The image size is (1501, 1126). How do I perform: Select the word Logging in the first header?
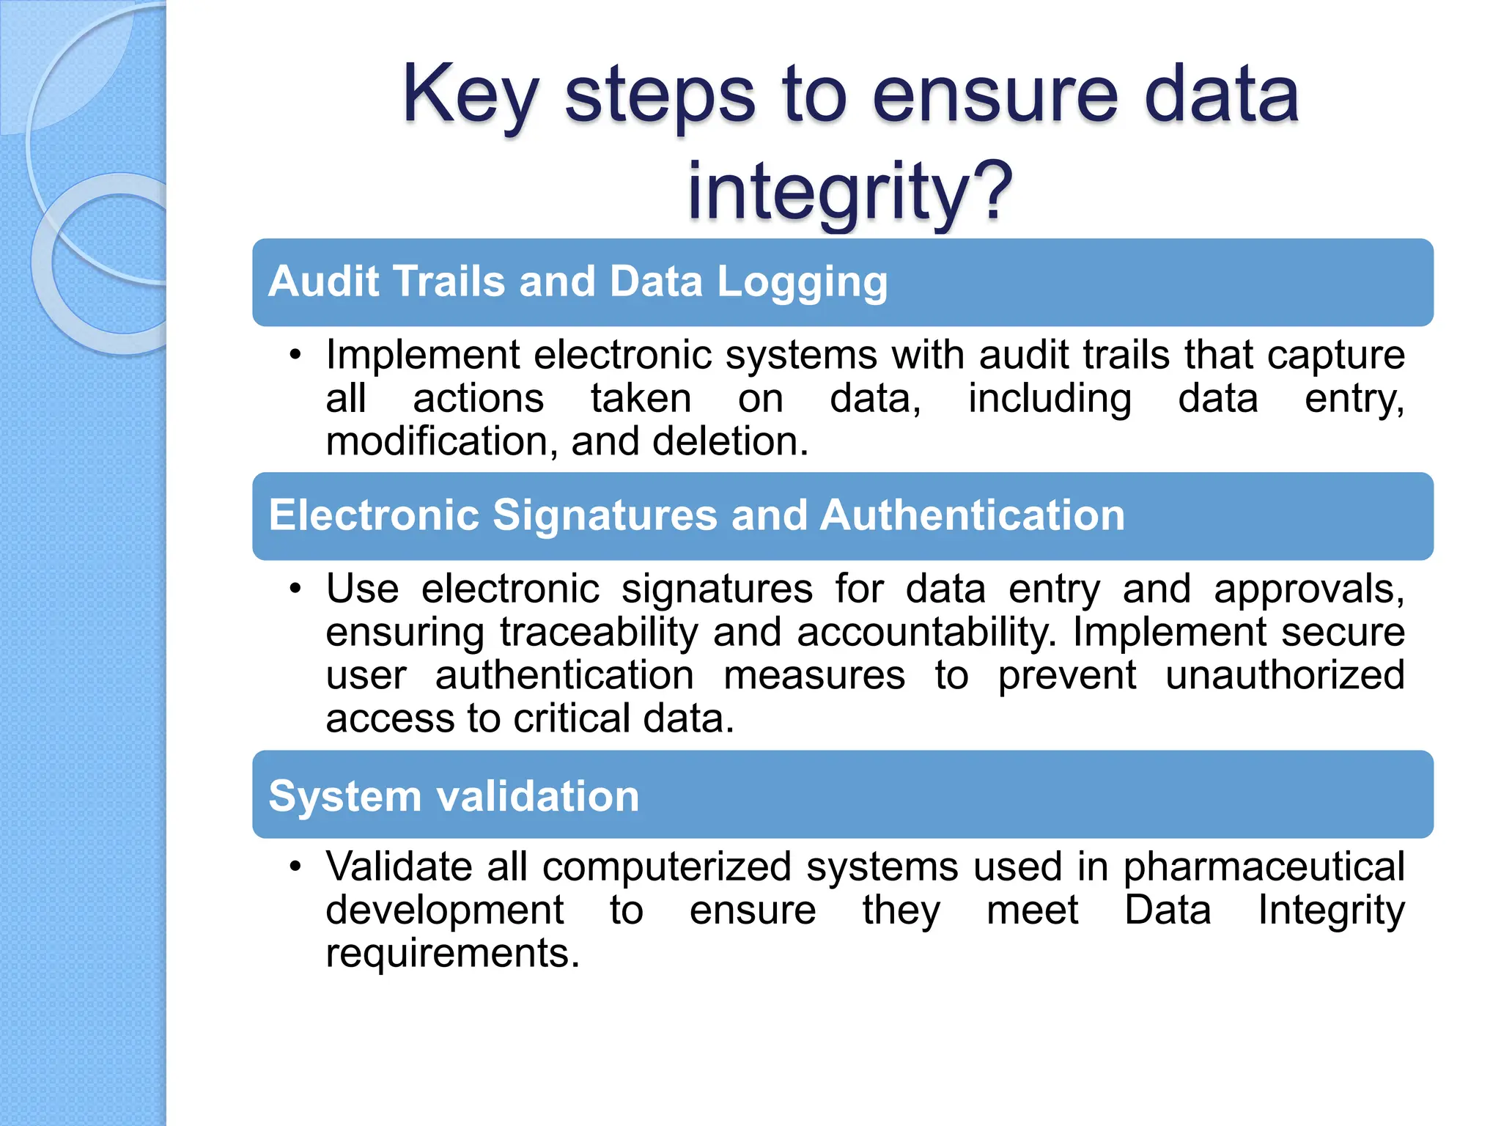click(802, 283)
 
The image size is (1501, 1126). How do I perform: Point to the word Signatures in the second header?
click(605, 515)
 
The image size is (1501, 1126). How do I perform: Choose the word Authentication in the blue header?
click(972, 515)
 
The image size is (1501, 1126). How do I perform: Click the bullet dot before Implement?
click(295, 356)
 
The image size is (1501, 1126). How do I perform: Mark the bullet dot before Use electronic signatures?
click(295, 589)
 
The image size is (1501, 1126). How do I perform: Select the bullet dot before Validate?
click(295, 866)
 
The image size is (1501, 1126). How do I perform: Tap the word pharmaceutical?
click(1264, 866)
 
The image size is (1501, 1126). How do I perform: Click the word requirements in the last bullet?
click(452, 954)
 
